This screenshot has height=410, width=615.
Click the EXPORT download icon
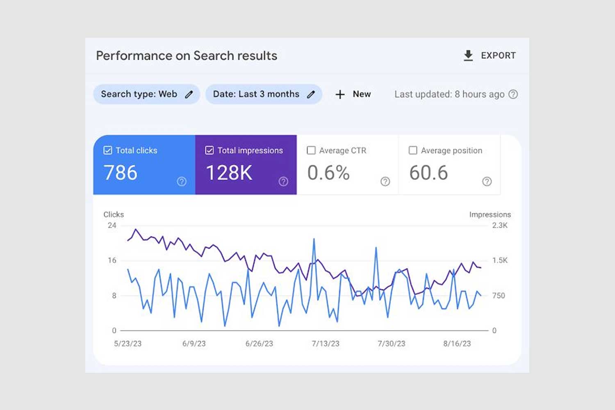[468, 55]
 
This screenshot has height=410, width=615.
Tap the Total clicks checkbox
[107, 150]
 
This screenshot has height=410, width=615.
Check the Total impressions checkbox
[209, 150]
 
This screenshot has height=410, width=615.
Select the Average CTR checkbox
[311, 150]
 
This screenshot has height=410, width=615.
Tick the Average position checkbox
[413, 150]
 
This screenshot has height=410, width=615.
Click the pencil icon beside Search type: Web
[189, 94]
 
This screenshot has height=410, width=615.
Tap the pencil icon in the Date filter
[311, 94]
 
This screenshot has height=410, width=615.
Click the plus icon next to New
[340, 94]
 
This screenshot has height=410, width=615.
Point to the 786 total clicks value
[120, 173]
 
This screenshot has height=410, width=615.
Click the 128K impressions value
[229, 173]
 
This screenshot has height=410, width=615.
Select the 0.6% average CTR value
[328, 173]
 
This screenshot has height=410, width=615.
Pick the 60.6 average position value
[428, 173]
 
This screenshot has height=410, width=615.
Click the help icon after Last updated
[513, 94]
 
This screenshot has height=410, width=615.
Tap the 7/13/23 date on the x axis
[326, 344]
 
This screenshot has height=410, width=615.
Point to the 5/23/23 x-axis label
[128, 344]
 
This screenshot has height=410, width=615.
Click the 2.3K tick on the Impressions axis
[500, 225]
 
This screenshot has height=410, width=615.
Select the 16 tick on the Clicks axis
[112, 260]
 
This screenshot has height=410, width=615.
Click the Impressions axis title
[490, 214]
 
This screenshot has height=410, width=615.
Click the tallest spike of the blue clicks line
[314, 239]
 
